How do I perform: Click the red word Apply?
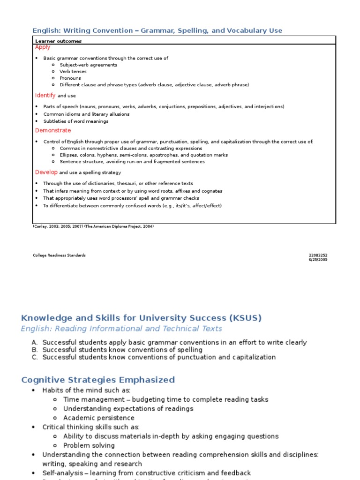[x=43, y=47]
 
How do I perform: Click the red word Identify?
[x=45, y=96]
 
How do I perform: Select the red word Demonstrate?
[x=53, y=130]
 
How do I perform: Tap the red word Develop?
[x=46, y=172]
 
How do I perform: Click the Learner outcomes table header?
[x=58, y=41]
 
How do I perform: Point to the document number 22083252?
[x=318, y=255]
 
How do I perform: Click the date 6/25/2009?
[x=318, y=260]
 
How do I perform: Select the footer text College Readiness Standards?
[x=59, y=255]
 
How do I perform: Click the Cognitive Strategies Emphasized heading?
[x=98, y=380]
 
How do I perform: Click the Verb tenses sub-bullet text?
[x=73, y=72]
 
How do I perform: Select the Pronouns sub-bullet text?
[x=70, y=78]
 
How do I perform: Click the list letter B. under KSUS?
[x=35, y=350]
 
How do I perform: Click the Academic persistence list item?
[x=99, y=418]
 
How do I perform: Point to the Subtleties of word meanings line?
[x=76, y=121]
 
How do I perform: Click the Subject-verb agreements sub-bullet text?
[x=89, y=65]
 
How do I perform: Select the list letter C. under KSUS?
[x=35, y=357]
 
